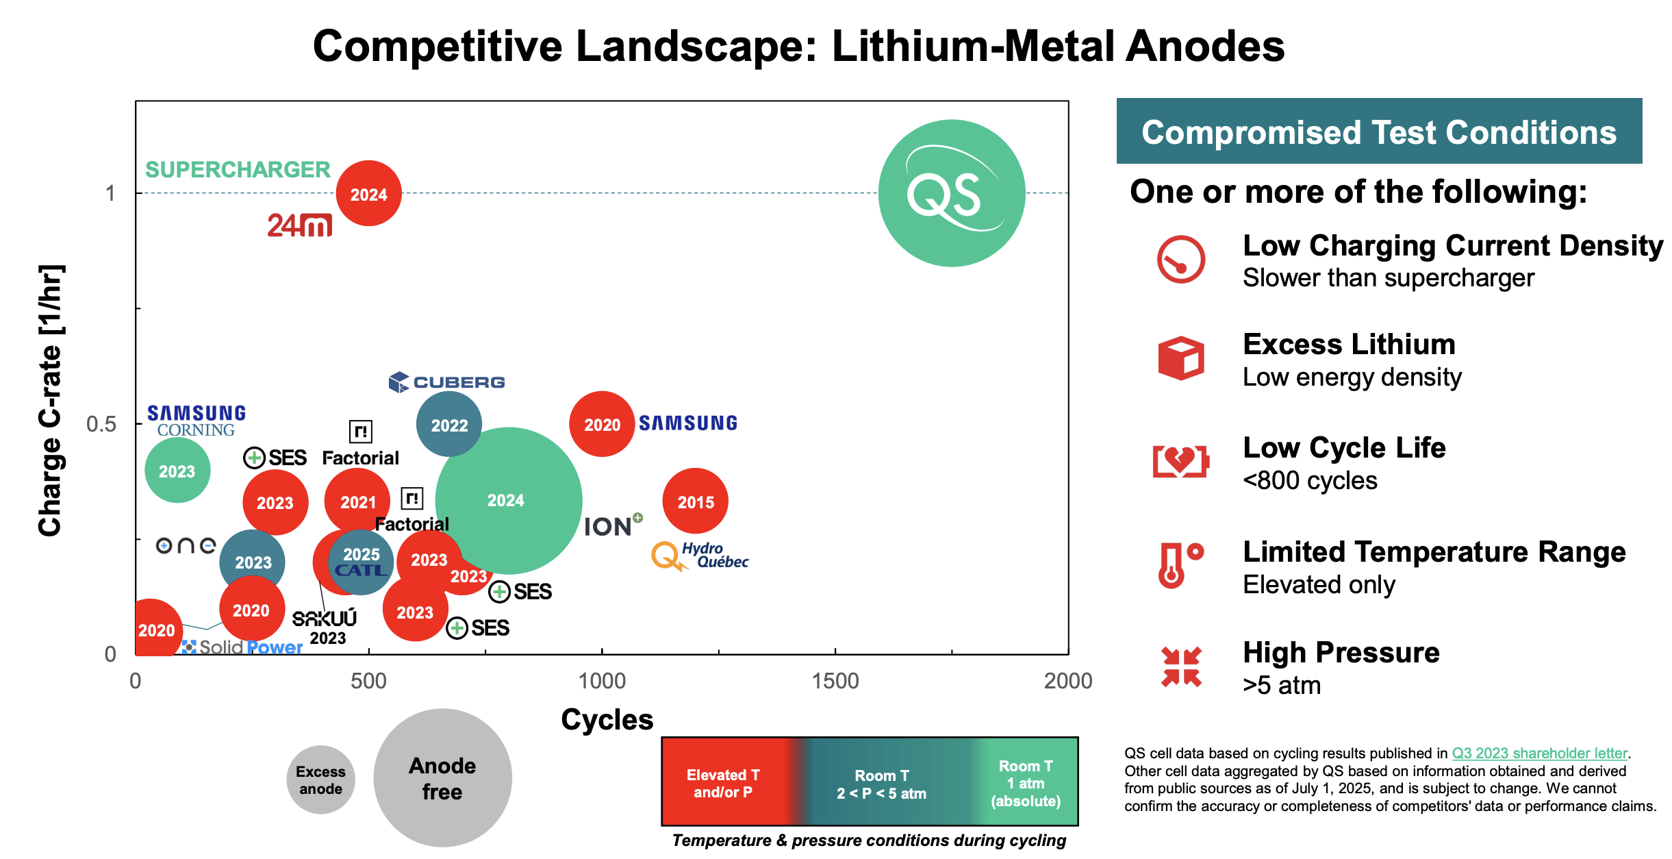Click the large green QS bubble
951,193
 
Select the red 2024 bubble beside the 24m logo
368,194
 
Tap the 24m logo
299,225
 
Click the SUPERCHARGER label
238,169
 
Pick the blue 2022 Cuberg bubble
448,425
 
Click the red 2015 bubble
695,501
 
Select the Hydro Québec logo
700,556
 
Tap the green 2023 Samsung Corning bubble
177,471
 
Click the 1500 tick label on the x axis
835,681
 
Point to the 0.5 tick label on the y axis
101,424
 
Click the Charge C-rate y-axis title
50,400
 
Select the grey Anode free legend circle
442,778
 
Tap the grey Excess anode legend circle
320,780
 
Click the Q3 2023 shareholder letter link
1539,753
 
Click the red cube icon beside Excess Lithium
1180,358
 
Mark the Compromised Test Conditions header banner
1378,132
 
